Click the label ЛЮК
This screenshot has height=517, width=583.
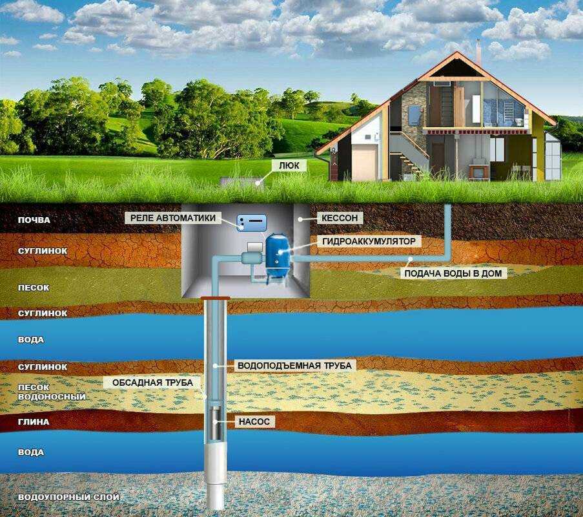click(289, 165)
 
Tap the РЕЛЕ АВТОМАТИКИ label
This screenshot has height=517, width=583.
click(173, 218)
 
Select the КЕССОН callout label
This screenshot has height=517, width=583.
click(340, 218)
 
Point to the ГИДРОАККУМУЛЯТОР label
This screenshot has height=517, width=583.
click(369, 241)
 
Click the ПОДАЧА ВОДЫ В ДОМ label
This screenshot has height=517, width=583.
click(453, 273)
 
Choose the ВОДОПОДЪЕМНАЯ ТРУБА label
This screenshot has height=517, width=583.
click(294, 366)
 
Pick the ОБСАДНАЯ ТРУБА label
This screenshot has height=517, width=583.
click(152, 383)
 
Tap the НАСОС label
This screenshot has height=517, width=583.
click(254, 422)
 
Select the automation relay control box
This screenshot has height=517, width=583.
click(252, 222)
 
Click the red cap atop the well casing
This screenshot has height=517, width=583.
click(215, 298)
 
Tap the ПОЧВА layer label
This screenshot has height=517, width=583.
click(34, 220)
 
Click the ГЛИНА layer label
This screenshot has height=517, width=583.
click(34, 422)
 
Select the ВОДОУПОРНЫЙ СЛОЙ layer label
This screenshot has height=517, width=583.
click(69, 497)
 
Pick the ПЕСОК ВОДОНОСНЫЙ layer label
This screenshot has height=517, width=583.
click(52, 392)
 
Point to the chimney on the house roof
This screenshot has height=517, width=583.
click(479, 52)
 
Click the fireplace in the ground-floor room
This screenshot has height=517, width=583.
click(476, 169)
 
